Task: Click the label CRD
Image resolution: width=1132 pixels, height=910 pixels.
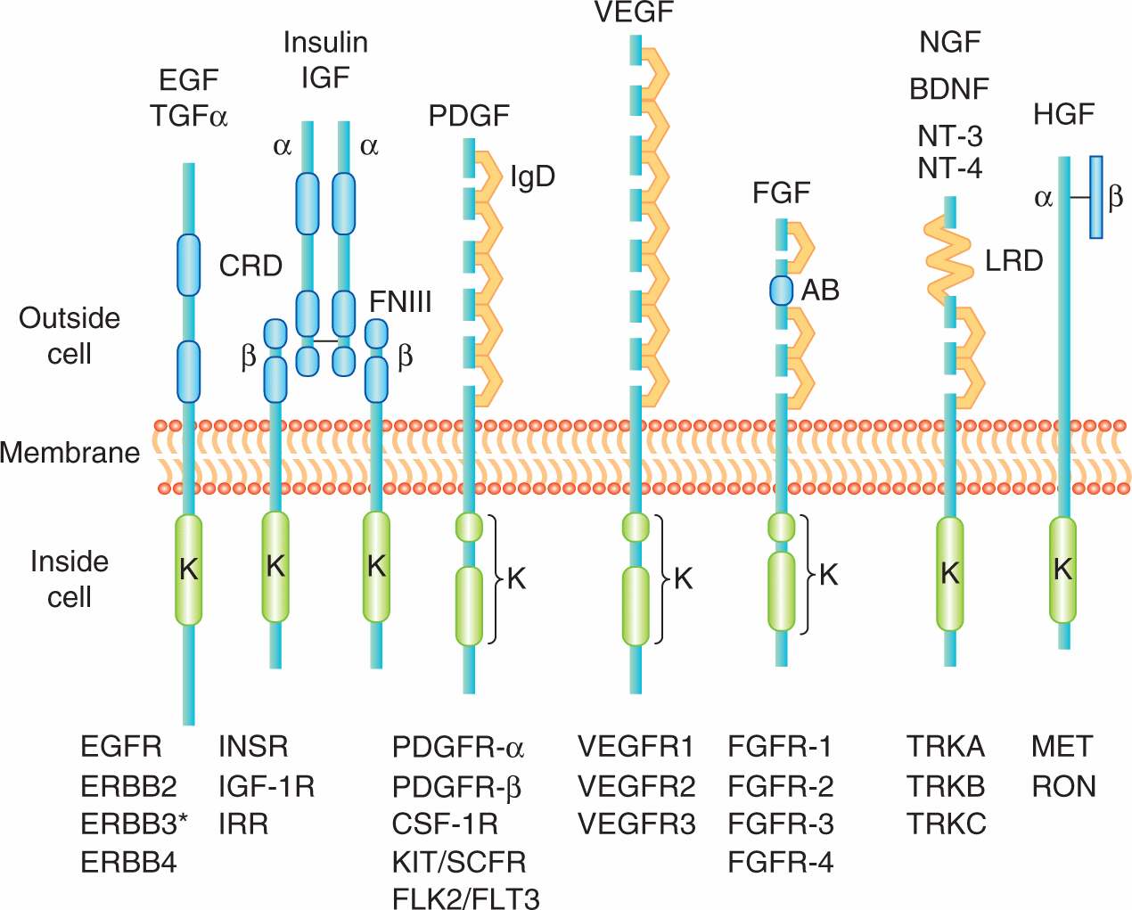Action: click(x=250, y=266)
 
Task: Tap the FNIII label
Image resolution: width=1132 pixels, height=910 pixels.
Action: click(x=400, y=302)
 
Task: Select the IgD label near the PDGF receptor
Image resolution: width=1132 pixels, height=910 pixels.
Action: click(x=532, y=176)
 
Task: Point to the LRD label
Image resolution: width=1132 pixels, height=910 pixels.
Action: click(x=1013, y=260)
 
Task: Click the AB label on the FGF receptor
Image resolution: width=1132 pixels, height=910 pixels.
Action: click(x=820, y=290)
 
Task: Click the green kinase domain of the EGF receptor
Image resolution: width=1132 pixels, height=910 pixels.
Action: click(x=188, y=569)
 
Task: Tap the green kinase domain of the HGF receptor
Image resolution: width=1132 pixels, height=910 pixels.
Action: click(x=1062, y=569)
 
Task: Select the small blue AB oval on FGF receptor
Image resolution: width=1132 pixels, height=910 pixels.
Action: click(x=782, y=291)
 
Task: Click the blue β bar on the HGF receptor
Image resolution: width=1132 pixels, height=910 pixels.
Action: click(x=1096, y=197)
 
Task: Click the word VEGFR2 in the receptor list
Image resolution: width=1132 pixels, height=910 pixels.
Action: click(x=636, y=786)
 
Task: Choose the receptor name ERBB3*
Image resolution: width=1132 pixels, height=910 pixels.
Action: click(x=134, y=824)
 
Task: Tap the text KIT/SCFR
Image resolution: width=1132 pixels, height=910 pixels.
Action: click(x=459, y=862)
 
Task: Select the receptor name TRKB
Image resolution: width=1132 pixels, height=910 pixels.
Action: click(x=946, y=786)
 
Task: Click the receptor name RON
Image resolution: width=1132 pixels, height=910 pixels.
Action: click(x=1063, y=786)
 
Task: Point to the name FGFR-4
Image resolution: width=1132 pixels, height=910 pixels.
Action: click(x=781, y=862)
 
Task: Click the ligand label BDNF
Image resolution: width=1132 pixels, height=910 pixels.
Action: click(x=949, y=89)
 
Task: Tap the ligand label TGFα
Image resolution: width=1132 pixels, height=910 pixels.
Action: click(x=189, y=116)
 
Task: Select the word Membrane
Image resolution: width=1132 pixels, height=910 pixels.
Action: click(x=70, y=453)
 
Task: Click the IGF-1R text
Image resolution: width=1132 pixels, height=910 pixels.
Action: click(x=267, y=786)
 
